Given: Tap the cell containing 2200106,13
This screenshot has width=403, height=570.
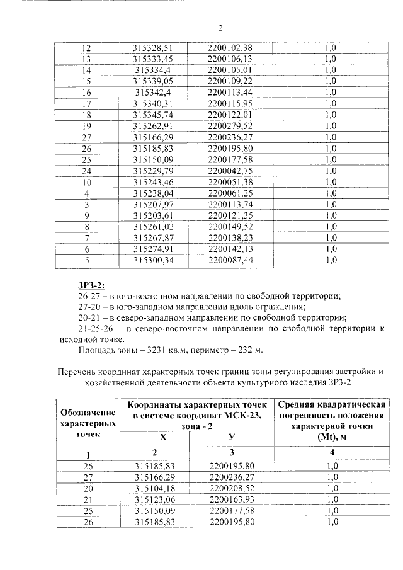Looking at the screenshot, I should tap(229, 59).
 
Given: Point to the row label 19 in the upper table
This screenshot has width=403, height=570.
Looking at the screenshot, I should tap(87, 126).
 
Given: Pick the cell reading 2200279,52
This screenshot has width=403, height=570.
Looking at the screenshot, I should tap(229, 126).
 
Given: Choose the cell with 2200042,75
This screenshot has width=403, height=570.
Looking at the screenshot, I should tap(229, 171).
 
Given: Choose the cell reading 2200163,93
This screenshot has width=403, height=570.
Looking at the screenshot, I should tap(229, 500).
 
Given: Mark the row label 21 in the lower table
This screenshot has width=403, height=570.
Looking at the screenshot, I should tap(87, 500).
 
